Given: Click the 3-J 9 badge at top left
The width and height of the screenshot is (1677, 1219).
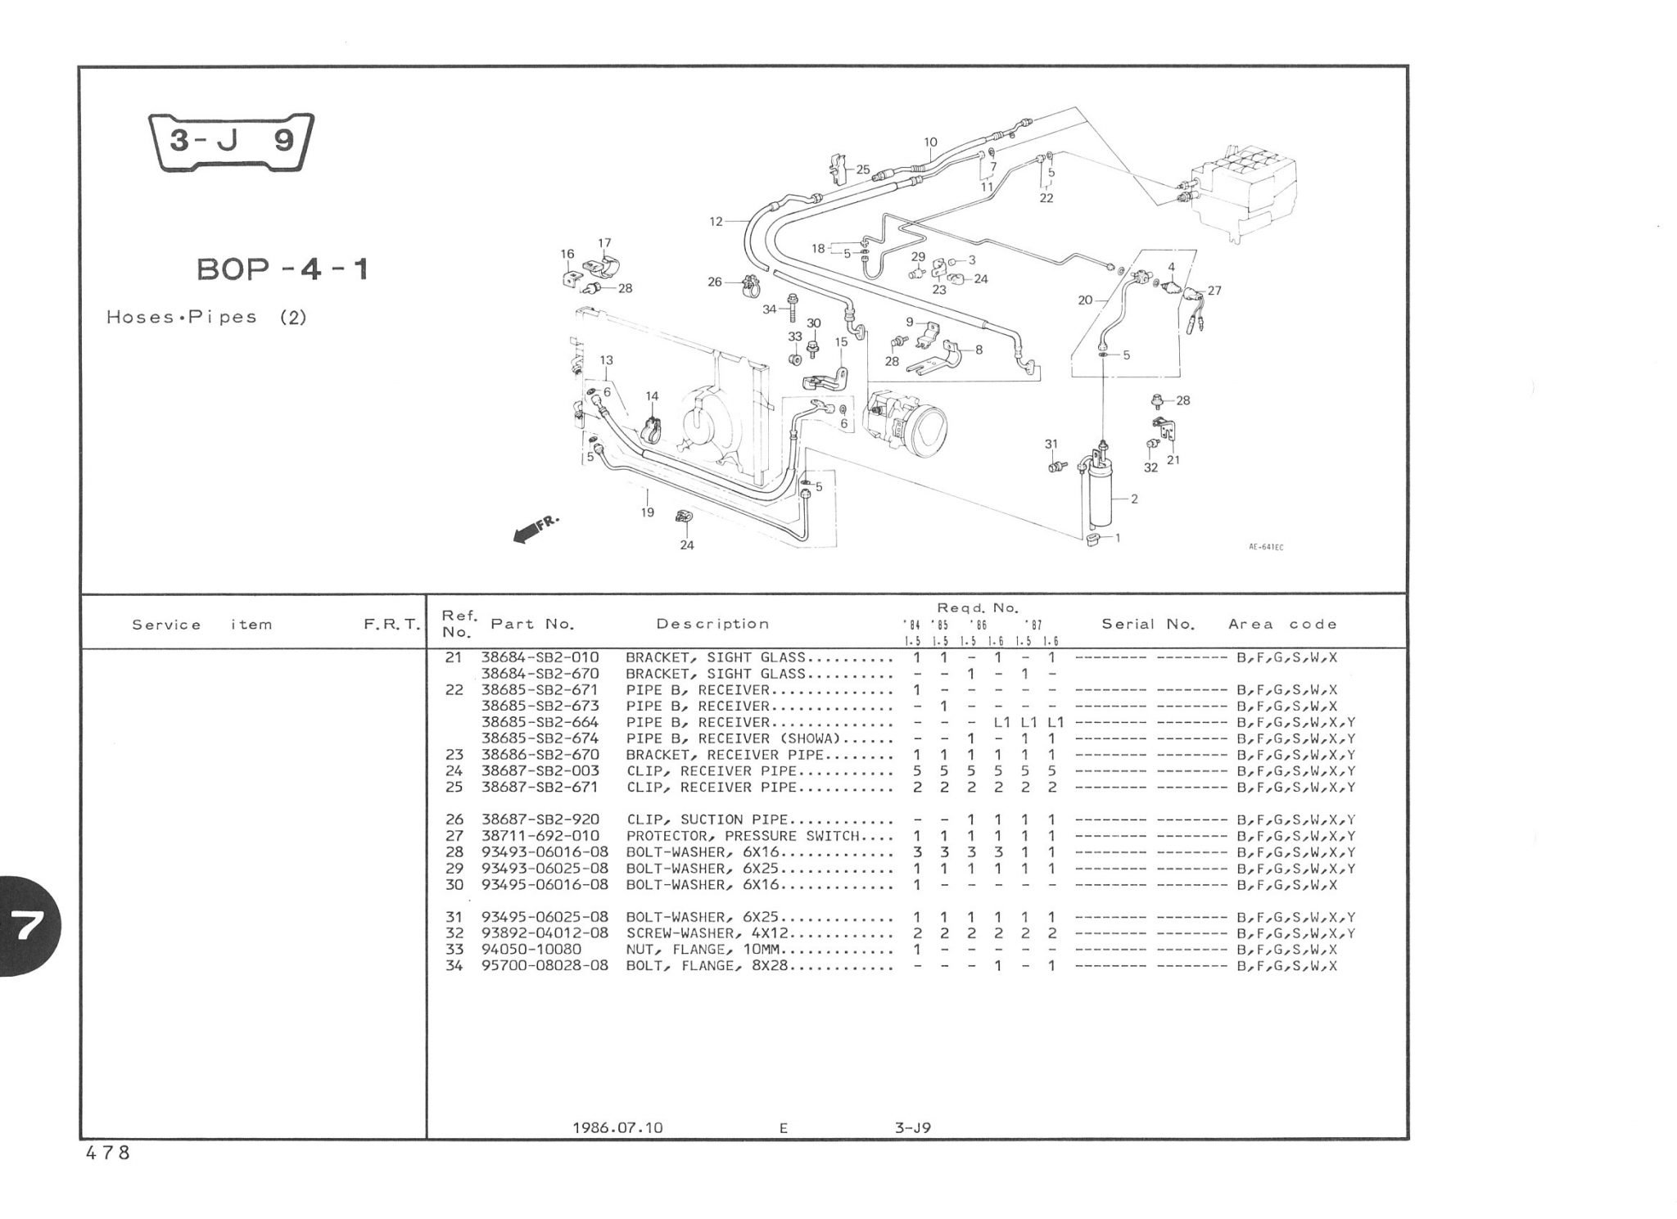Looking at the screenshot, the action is click(232, 142).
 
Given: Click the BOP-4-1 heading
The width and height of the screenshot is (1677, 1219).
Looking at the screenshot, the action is click(283, 269).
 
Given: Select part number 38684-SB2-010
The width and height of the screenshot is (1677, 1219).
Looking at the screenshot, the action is click(540, 657).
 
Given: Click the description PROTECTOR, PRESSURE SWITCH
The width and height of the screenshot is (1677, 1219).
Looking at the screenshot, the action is click(743, 836).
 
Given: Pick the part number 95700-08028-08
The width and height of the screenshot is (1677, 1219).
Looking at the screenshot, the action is click(545, 966).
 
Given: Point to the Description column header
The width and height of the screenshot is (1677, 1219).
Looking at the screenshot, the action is click(712, 624).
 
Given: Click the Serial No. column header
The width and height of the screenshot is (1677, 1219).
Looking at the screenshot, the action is click(1148, 624).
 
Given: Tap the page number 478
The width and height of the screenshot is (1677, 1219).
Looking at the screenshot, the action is click(107, 1153).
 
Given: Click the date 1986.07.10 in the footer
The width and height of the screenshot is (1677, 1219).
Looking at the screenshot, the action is click(618, 1127).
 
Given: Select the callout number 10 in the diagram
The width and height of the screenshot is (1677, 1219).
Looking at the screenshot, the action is click(930, 142).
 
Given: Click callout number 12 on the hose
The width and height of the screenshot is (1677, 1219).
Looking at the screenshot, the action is click(716, 221).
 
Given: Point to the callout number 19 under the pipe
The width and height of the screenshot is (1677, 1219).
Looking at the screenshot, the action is click(648, 512).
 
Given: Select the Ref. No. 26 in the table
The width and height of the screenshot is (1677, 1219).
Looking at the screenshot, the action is click(454, 819).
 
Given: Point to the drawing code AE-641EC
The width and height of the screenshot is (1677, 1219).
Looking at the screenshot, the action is click(1266, 547).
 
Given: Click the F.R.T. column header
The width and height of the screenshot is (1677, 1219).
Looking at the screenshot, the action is click(391, 625).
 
